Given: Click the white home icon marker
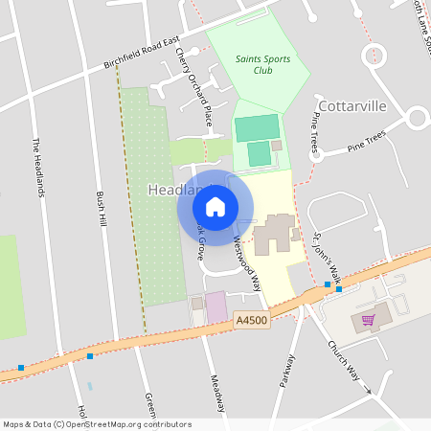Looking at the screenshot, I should tap(215, 206).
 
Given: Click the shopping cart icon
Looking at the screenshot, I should tap(367, 320).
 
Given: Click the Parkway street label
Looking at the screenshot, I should tap(285, 370).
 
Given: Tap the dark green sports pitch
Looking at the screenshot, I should tap(256, 127).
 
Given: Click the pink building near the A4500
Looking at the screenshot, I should tap(217, 306).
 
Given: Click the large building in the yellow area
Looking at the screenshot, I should tap(275, 233).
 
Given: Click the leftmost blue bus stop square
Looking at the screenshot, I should tap(21, 367).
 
